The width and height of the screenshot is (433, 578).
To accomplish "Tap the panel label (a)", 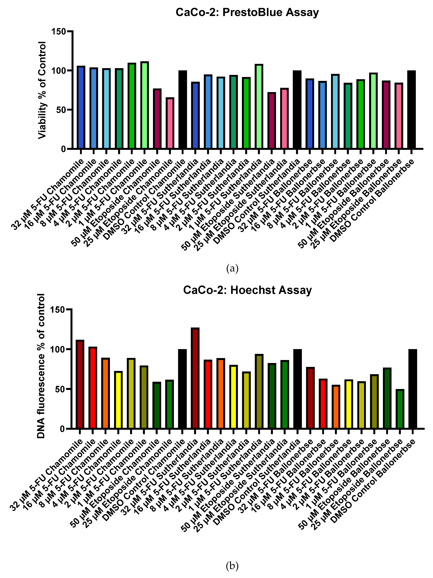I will tap(232, 268).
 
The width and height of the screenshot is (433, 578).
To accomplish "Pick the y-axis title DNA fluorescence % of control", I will tap(41, 366).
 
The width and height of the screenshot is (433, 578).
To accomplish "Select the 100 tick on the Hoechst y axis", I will tap(58, 349).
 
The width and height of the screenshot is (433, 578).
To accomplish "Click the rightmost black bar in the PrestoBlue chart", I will tap(411, 110).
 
